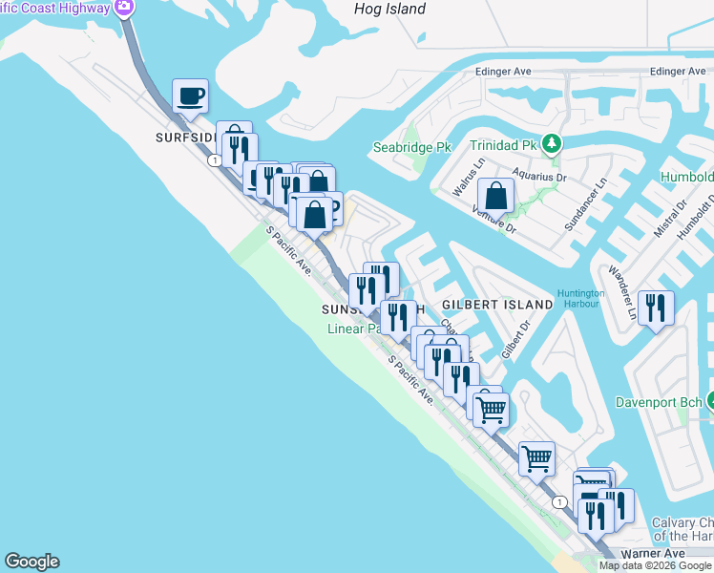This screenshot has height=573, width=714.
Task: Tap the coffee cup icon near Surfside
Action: tap(190, 95)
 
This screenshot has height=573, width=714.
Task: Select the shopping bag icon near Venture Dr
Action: tap(496, 196)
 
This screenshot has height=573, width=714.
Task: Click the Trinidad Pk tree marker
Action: tap(551, 145)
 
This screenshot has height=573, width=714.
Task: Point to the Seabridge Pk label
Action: tap(410, 148)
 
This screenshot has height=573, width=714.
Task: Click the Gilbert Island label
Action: tap(497, 304)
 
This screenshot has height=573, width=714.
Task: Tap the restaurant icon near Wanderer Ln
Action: tap(655, 308)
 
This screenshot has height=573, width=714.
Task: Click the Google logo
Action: tap(31, 562)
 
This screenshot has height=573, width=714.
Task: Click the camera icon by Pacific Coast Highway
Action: tap(123, 8)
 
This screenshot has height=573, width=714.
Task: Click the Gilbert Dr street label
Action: tap(515, 336)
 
